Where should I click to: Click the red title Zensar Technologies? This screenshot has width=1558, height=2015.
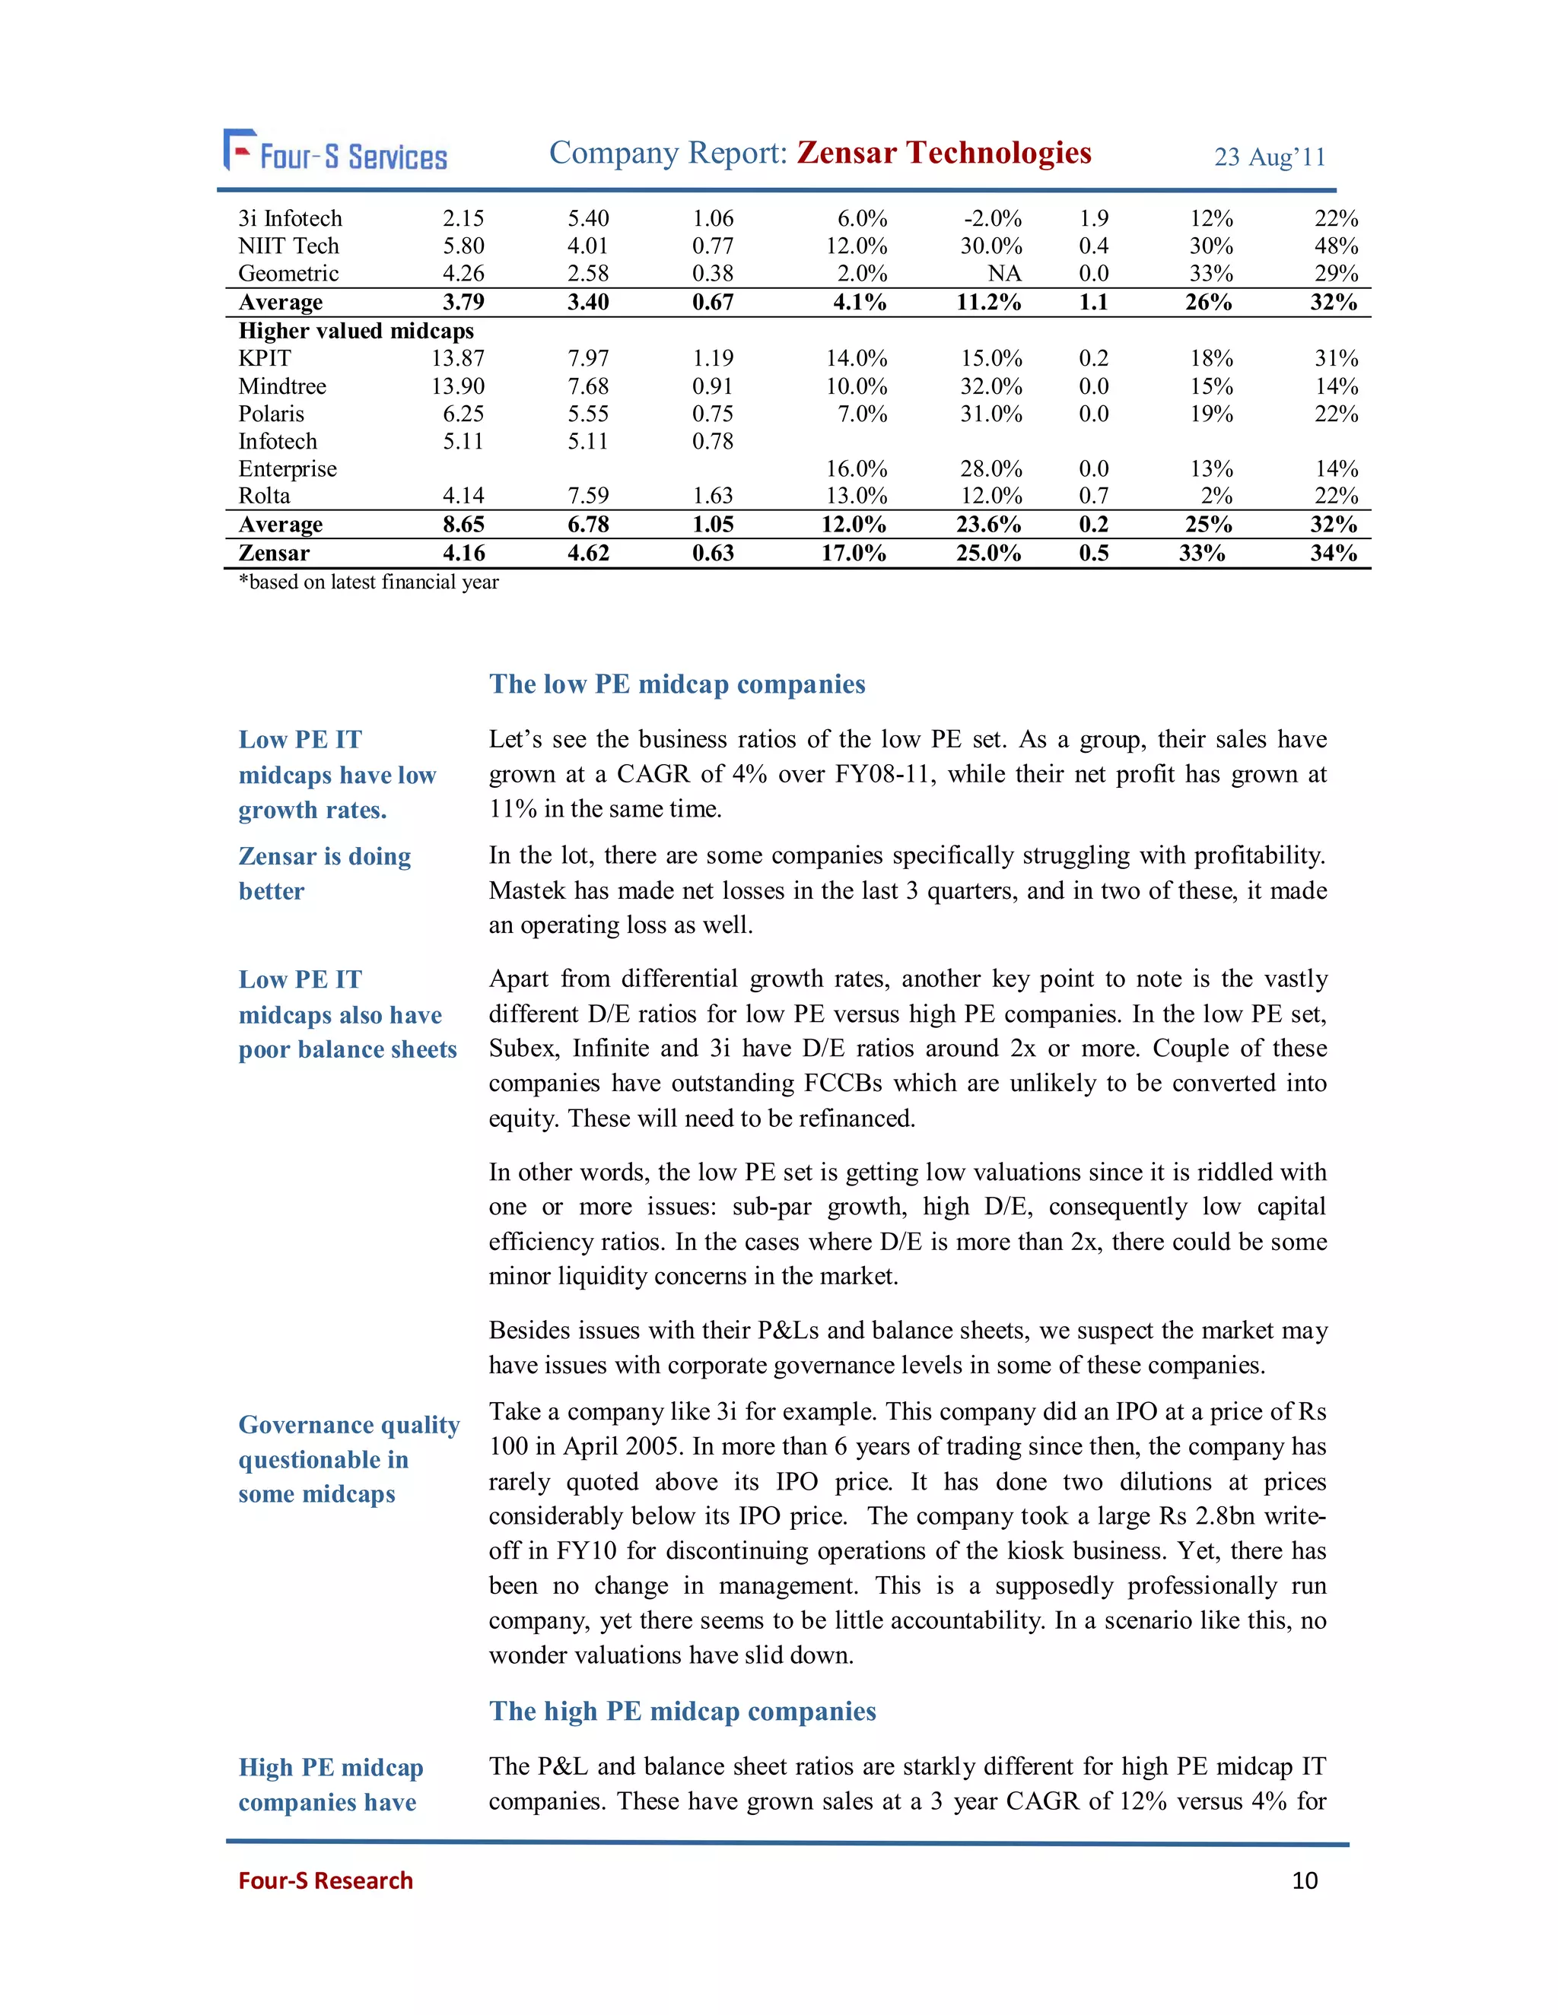943,152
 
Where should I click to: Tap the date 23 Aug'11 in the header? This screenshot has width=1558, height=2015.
1269,157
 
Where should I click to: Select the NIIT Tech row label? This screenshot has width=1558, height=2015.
288,246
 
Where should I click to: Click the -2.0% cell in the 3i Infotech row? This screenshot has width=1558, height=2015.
992,219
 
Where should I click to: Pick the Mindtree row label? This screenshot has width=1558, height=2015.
281,386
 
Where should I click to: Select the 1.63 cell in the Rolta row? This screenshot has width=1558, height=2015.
713,496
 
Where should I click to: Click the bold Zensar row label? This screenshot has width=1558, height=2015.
273,553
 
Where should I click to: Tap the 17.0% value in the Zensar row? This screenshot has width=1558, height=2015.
854,553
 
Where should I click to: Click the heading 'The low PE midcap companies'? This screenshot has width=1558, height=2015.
676,684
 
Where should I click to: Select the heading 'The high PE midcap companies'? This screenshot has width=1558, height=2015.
682,1711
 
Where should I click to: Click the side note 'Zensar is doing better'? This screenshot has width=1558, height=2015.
324,873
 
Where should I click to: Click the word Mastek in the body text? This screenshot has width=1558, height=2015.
527,890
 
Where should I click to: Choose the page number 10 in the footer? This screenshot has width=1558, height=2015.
1304,1880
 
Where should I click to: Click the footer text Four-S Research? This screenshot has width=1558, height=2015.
325,1880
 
